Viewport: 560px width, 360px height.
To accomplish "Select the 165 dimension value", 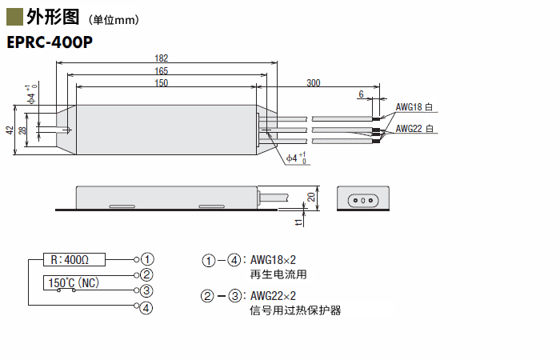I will click(161, 70).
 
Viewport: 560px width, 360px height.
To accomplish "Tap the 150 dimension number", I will click(161, 82).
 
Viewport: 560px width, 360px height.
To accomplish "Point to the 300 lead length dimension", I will click(314, 82).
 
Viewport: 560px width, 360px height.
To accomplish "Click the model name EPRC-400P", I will click(49, 42).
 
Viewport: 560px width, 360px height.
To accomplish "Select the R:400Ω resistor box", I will click(69, 259).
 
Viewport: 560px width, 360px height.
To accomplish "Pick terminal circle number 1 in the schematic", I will click(147, 259).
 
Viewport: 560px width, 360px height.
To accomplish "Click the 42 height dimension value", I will click(10, 130).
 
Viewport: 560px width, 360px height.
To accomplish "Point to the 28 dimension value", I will click(22, 130).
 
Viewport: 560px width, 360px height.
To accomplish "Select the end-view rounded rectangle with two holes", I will click(363, 198).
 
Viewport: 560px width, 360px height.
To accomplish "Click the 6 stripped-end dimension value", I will click(362, 94).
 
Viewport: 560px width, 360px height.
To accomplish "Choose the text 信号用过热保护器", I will click(295, 310).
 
